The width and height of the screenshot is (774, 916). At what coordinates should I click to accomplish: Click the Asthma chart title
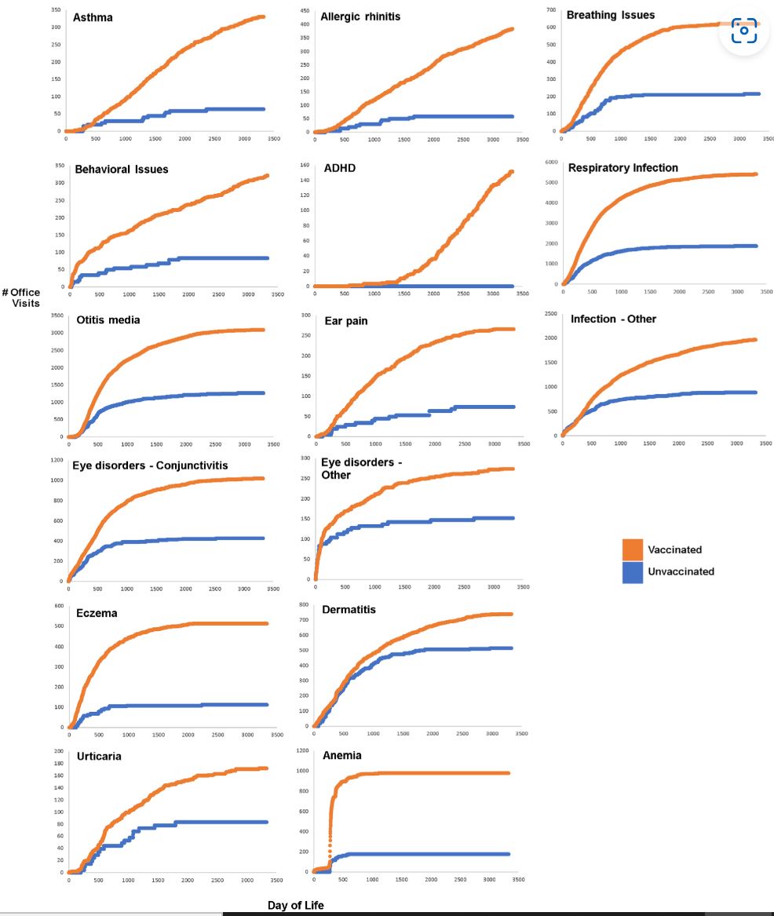tap(93, 16)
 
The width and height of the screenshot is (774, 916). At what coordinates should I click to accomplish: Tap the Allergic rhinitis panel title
tap(360, 16)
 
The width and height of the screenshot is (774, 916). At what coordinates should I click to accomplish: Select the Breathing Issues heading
tap(611, 15)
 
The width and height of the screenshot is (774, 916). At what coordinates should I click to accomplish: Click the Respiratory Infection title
tap(623, 168)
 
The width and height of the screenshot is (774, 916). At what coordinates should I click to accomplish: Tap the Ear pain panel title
tap(346, 320)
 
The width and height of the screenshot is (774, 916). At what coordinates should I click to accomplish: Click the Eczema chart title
tap(97, 613)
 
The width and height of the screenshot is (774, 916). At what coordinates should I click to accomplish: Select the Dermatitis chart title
tap(349, 610)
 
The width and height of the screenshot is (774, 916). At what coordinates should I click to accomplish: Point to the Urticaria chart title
tap(99, 757)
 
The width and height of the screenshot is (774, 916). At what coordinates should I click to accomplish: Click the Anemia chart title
tap(341, 756)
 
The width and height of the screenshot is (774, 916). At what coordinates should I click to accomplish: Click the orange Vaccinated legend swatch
tap(633, 549)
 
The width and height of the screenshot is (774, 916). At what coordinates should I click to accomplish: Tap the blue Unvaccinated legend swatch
tap(633, 571)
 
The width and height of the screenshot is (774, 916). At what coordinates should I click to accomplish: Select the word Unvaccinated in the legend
tap(681, 571)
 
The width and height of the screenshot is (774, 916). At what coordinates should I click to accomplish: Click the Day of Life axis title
tap(295, 905)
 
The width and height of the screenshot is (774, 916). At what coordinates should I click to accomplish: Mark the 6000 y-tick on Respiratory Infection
tap(551, 162)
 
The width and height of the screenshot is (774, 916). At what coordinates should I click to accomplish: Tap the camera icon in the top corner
tap(743, 30)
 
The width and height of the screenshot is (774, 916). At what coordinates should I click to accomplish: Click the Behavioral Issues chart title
tap(121, 169)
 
